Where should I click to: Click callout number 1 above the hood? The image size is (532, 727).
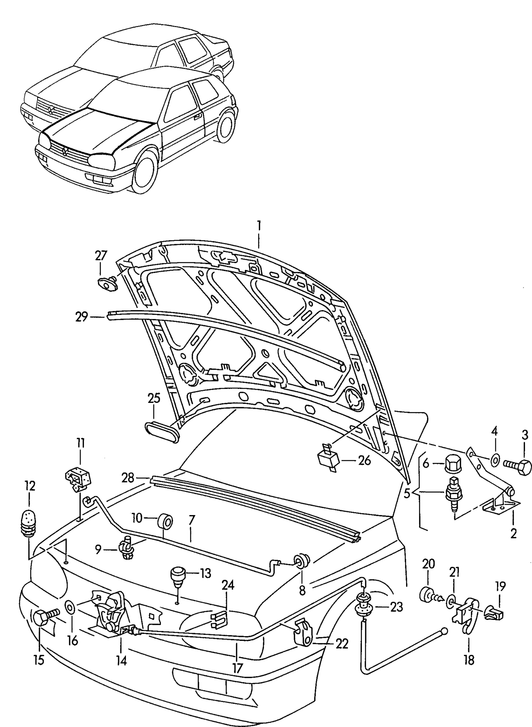(259, 225)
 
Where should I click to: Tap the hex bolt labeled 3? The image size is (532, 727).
(518, 467)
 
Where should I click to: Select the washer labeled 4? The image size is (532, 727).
(495, 460)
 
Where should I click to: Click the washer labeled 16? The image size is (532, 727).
(70, 608)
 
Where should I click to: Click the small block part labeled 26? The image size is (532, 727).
(328, 459)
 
